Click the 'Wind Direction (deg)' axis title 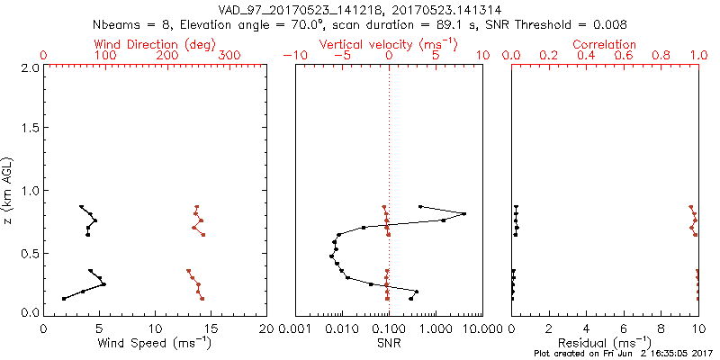click(154, 43)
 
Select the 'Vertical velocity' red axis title click(388, 43)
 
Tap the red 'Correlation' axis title click(604, 43)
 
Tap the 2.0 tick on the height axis click(29, 67)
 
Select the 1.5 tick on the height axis click(29, 129)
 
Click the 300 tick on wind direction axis click(229, 56)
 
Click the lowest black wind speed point click(63, 299)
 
